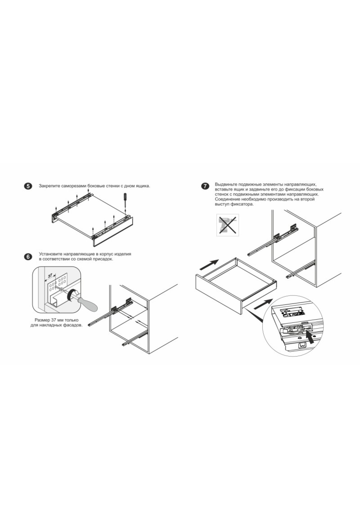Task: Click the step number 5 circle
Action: coord(28,186)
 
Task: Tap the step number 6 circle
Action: coord(28,257)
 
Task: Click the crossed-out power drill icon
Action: coord(228,225)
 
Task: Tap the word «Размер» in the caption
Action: coord(42,320)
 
